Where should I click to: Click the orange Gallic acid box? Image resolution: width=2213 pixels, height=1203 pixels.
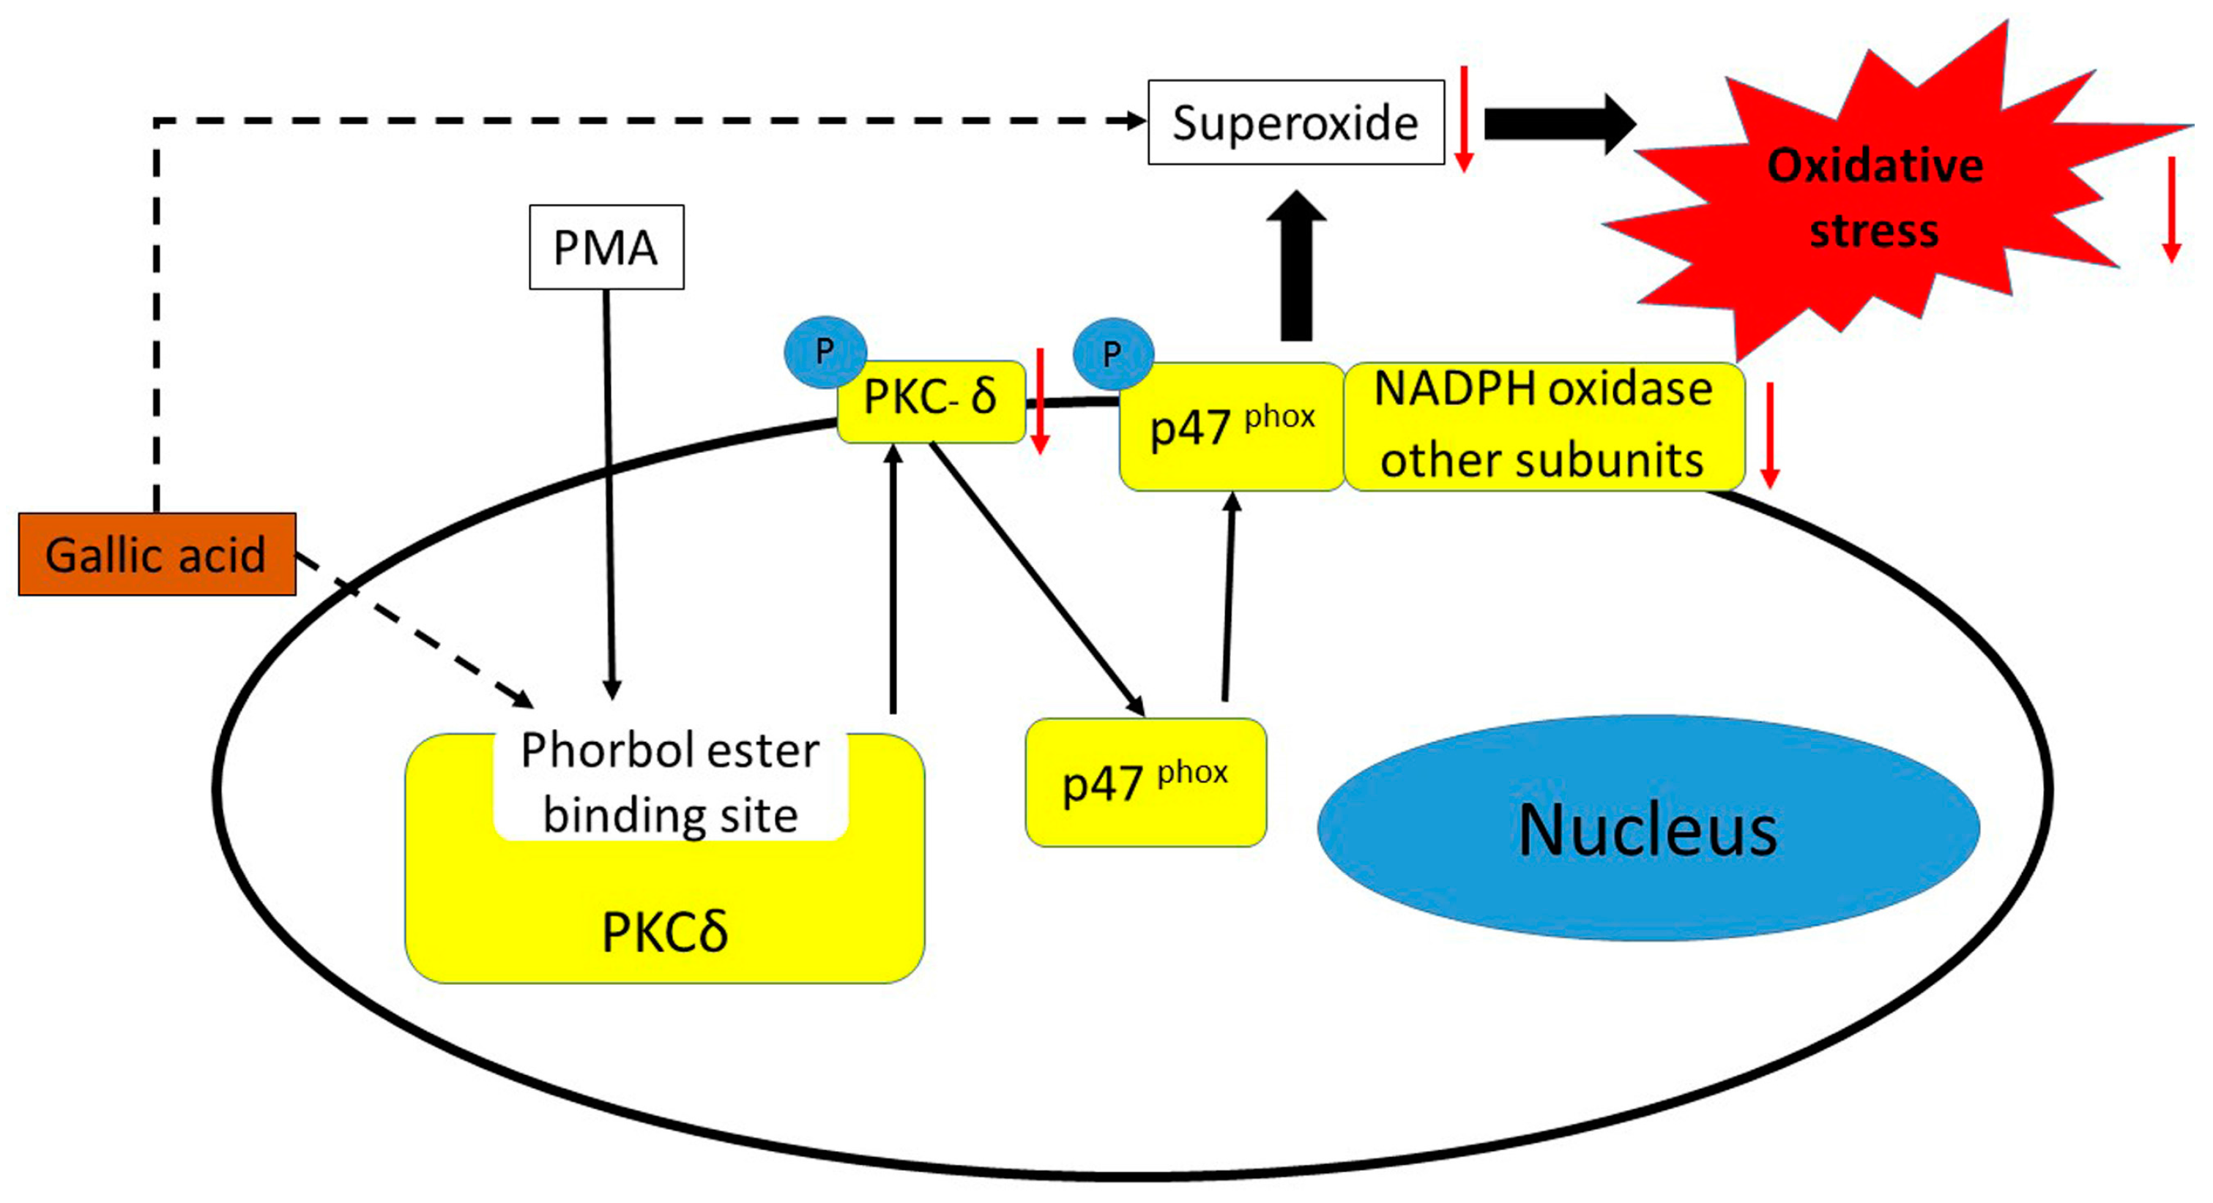[157, 554]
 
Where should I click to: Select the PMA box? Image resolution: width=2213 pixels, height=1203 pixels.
[606, 247]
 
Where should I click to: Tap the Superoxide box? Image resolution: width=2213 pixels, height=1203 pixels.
[1295, 122]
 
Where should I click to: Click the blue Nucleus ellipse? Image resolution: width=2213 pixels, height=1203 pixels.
[1648, 828]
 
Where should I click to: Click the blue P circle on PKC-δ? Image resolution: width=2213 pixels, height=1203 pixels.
[825, 351]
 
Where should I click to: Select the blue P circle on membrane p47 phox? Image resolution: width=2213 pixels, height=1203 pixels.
[1112, 353]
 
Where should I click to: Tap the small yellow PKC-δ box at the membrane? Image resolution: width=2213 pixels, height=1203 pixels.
[931, 400]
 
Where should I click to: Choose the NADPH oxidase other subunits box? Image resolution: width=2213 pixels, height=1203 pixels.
[1543, 426]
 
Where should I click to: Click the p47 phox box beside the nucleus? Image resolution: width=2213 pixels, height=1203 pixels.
[1145, 782]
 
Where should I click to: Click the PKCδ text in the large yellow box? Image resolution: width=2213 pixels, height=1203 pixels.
[664, 932]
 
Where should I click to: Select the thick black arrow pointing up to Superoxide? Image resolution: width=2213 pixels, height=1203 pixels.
[1296, 266]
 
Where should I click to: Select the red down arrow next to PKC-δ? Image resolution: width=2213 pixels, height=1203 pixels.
[1039, 400]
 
